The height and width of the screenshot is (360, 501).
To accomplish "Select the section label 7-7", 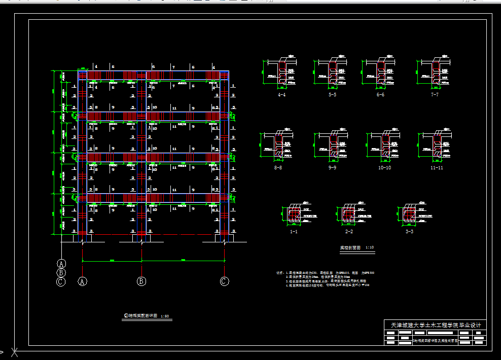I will (x=435, y=94).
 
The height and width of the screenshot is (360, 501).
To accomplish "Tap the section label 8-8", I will (x=278, y=167).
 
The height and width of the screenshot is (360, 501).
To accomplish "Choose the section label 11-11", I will (x=437, y=167).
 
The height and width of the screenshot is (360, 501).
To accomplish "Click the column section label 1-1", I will (x=294, y=231).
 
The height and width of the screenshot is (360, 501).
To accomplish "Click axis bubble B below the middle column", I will (x=142, y=281).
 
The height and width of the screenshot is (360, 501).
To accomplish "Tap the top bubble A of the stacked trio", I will (x=61, y=264).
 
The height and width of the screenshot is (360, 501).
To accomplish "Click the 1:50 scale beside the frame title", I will (x=165, y=316).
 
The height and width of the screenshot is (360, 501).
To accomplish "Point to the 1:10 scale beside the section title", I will (x=370, y=248).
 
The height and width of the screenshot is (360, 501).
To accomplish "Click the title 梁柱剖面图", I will (x=350, y=248).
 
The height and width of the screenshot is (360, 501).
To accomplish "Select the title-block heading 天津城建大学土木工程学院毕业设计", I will (x=436, y=325).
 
